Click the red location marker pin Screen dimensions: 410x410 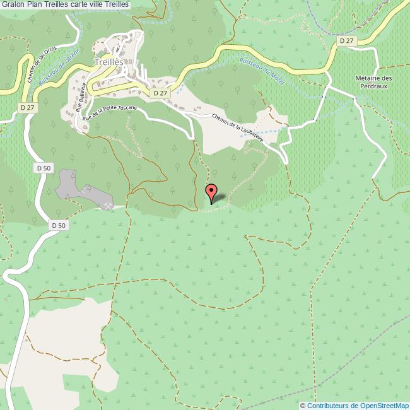click(213, 192)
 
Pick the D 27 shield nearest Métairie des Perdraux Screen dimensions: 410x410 click(346, 40)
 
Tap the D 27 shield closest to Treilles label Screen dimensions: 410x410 click(160, 93)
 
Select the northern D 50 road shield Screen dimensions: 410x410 click(44, 168)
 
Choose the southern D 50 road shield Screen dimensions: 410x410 click(58, 225)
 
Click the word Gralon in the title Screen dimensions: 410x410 click(13, 4)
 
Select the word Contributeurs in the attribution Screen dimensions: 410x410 click(329, 406)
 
